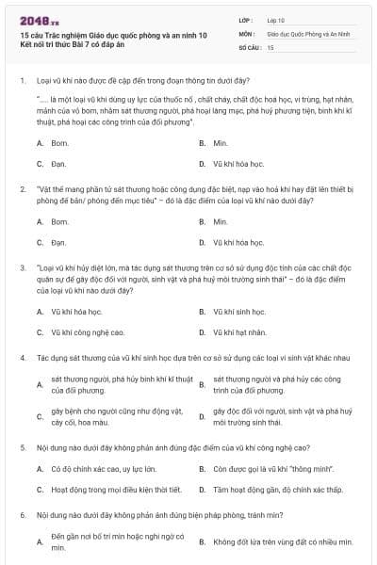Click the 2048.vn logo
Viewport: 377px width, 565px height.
(x=39, y=20)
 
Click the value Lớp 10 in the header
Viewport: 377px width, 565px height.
(x=275, y=19)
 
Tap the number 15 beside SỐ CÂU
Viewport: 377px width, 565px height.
(x=270, y=46)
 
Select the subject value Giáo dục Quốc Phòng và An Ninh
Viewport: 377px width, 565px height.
(x=307, y=33)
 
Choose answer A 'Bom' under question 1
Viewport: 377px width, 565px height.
(x=60, y=143)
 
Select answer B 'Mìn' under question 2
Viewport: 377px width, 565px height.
(x=221, y=222)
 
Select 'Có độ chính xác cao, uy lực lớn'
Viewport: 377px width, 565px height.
(x=103, y=468)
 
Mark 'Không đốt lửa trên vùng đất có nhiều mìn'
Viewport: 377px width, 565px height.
(x=282, y=542)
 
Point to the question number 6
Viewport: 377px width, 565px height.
(x=22, y=516)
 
